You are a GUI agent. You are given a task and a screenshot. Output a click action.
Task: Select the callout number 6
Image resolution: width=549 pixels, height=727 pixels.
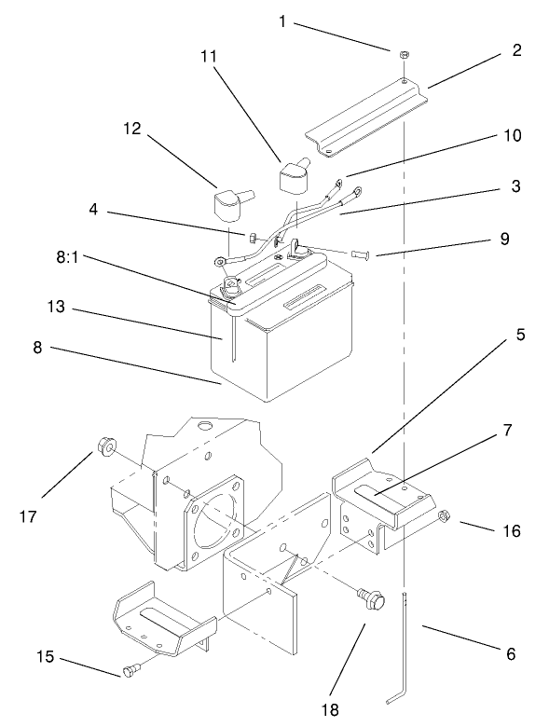point(510,653)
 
